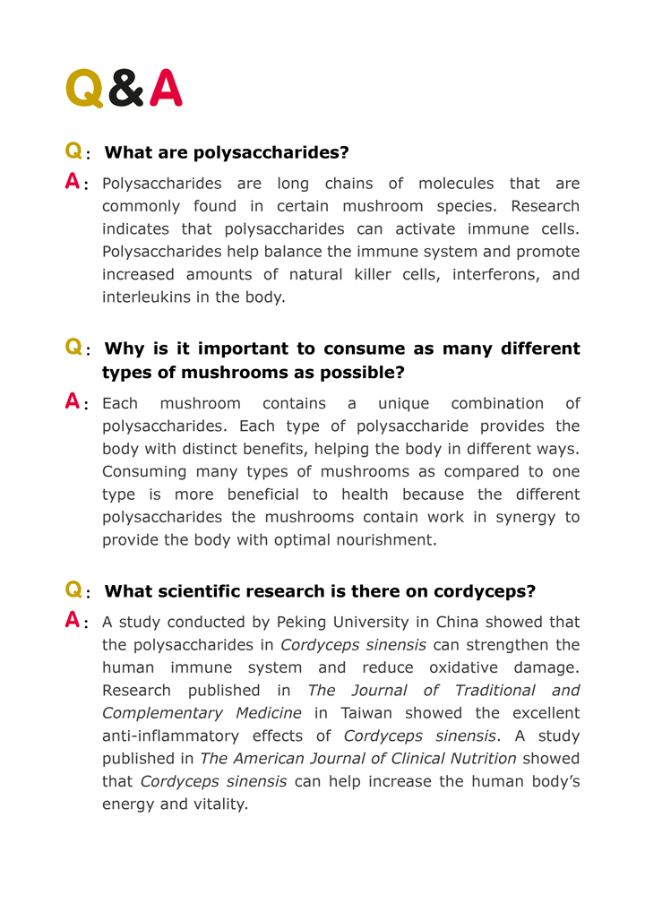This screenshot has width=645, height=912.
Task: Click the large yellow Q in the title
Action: coord(85,89)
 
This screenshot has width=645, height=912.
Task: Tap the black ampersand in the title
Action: coord(126,89)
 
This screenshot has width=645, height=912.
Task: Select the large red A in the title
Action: coord(166,89)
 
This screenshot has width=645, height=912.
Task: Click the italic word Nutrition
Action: coord(478,759)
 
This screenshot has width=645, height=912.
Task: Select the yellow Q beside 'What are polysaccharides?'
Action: coord(74,151)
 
